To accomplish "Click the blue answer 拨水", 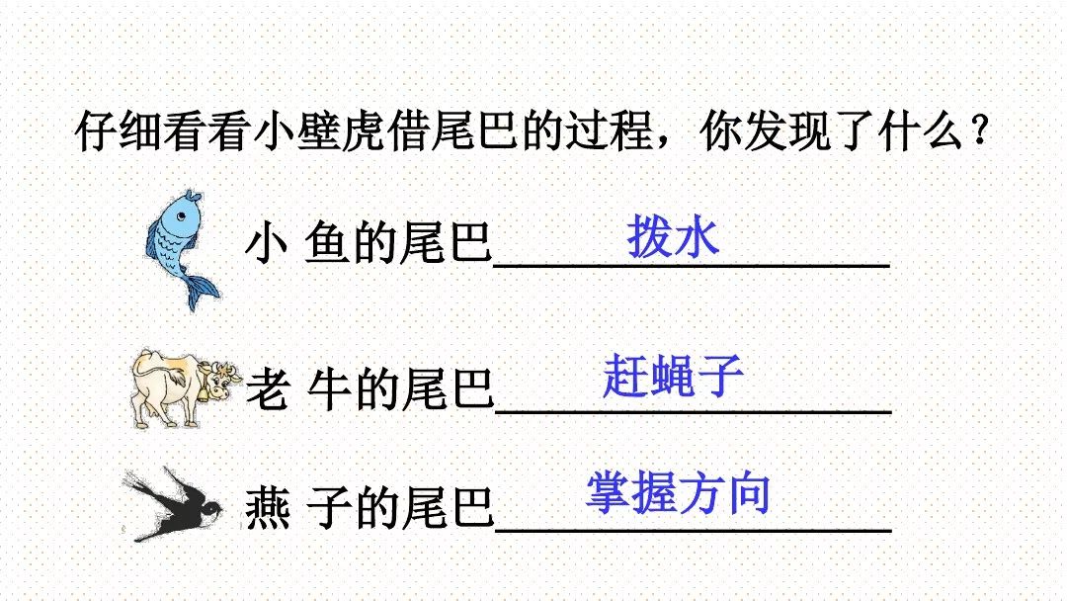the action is [673, 238].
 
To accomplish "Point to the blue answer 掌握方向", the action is [677, 493].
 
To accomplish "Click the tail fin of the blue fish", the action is [202, 290].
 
